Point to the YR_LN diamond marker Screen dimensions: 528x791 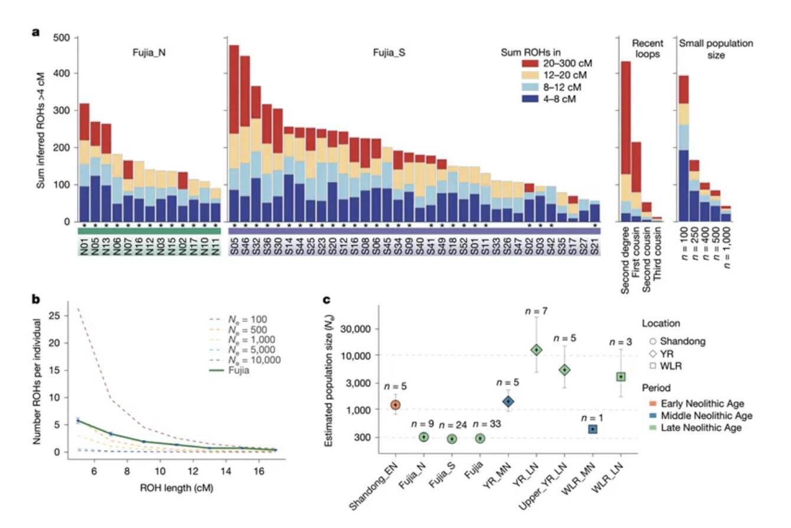coord(536,350)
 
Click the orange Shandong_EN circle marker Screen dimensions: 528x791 coord(395,405)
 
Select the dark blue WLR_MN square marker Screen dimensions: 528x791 coord(592,429)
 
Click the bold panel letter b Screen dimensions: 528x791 coord(35,299)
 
